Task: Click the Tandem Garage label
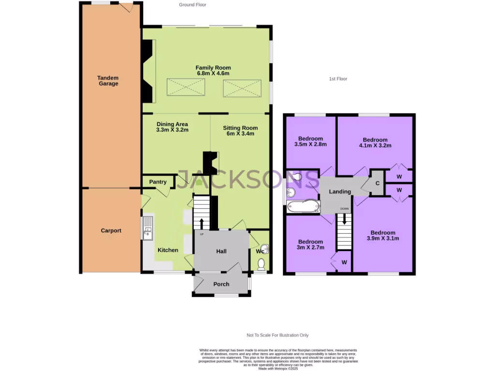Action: click(108, 81)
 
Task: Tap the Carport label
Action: click(111, 230)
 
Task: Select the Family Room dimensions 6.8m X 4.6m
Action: click(213, 73)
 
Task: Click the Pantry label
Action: click(158, 182)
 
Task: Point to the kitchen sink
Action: click(147, 228)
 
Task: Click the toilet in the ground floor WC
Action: click(261, 264)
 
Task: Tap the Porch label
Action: click(221, 284)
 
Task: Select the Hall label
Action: click(221, 251)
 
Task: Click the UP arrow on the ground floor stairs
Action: click(202, 224)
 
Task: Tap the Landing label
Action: click(340, 192)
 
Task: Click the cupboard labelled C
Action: click(377, 183)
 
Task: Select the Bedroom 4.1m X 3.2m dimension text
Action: click(375, 145)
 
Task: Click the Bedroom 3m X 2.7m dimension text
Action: click(310, 248)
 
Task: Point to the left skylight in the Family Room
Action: click(186, 87)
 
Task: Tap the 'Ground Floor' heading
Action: click(192, 5)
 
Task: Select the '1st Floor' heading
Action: click(338, 79)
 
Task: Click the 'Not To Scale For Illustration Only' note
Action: click(277, 335)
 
